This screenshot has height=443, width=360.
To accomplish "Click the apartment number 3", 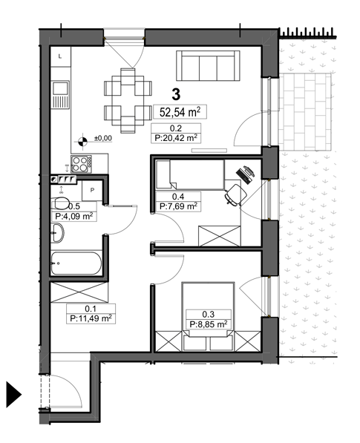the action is tap(176, 94).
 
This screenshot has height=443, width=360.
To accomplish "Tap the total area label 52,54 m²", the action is tap(180, 112).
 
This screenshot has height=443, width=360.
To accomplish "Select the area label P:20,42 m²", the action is tap(176, 138).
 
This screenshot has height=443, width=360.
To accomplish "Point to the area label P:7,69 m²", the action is tap(178, 206).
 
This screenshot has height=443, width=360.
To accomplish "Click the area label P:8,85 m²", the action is tap(209, 324).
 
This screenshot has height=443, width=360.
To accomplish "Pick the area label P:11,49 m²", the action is tap(91, 318).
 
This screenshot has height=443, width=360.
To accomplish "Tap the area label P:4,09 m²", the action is tap(74, 217).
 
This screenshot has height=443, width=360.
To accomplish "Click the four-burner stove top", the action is tap(81, 164).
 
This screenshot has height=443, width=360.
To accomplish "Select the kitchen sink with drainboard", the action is tap(60, 94).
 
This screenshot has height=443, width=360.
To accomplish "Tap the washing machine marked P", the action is tap(92, 191).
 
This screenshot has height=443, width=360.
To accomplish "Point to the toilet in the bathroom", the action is tap(60, 203).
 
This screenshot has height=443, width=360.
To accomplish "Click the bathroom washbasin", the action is tap(58, 233).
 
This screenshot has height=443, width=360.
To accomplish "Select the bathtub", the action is tap(76, 263).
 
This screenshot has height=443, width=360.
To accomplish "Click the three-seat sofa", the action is tap(208, 66).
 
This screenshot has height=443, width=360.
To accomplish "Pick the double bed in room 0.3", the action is tap(209, 316).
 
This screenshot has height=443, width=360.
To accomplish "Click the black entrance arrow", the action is tap(13, 395).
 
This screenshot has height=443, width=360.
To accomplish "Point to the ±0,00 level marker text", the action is tap(103, 138).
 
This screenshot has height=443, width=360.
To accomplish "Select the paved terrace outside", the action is tap(304, 112).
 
